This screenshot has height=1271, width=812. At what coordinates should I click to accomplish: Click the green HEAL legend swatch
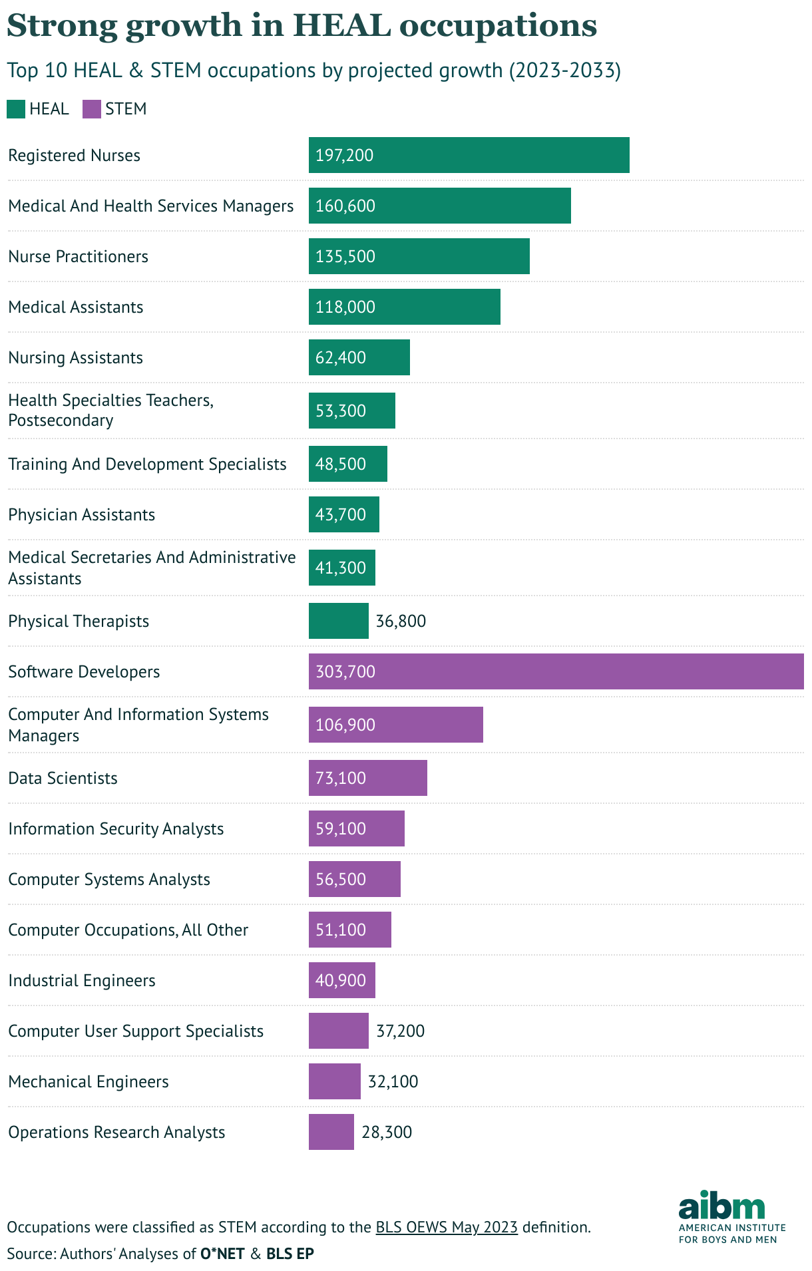[16, 109]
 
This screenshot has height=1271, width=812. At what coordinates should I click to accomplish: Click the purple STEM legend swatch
[92, 109]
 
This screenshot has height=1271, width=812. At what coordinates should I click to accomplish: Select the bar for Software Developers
[556, 671]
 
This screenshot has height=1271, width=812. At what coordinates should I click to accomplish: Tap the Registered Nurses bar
[469, 155]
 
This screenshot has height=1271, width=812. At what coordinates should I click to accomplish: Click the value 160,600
[345, 206]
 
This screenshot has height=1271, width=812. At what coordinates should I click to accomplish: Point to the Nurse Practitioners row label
[78, 257]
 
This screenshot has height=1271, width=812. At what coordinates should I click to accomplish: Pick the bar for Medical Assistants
[404, 307]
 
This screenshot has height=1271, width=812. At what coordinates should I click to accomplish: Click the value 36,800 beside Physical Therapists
[401, 622]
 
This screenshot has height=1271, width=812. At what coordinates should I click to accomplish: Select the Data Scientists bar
[367, 778]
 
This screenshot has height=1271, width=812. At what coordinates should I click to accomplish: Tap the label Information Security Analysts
[116, 829]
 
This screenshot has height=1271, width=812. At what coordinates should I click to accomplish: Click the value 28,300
[387, 1133]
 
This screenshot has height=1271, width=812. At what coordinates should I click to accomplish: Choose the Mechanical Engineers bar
[334, 1081]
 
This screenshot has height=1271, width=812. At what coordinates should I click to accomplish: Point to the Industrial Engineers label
[82, 981]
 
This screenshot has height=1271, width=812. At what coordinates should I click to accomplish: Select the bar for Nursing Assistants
[359, 357]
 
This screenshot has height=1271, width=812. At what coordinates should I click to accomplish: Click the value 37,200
[400, 1031]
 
